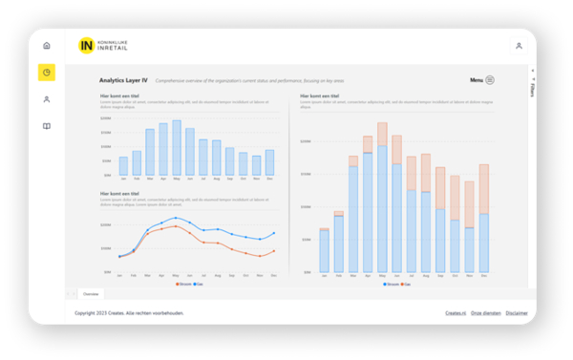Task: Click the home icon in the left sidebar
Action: pyautogui.click(x=47, y=45)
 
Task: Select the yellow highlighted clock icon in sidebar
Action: pyautogui.click(x=47, y=73)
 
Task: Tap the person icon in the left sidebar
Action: pyautogui.click(x=47, y=99)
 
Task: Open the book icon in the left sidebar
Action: pyautogui.click(x=47, y=126)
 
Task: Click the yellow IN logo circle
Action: pyautogui.click(x=87, y=45)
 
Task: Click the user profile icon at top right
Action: pyautogui.click(x=519, y=46)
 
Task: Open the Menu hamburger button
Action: pyautogui.click(x=489, y=81)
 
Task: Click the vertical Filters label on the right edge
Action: pyautogui.click(x=532, y=89)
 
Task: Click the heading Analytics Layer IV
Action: pyautogui.click(x=123, y=81)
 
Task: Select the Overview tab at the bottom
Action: pyautogui.click(x=91, y=294)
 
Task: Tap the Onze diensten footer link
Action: pyautogui.click(x=485, y=313)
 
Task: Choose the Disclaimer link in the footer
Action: pyautogui.click(x=517, y=313)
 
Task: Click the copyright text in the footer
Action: pyautogui.click(x=129, y=313)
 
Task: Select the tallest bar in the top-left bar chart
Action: pyautogui.click(x=177, y=148)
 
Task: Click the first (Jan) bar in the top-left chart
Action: pyautogui.click(x=123, y=166)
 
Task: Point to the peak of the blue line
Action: pyautogui.click(x=176, y=218)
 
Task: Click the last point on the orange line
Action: pyautogui.click(x=274, y=251)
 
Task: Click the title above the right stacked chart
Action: pyautogui.click(x=323, y=96)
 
